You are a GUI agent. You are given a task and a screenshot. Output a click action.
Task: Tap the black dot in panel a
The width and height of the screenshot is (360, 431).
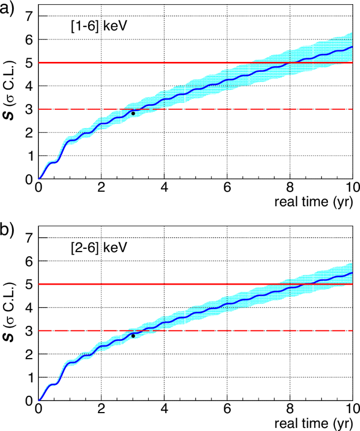[133, 113]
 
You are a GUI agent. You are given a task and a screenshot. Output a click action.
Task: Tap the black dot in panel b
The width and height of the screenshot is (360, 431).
[133, 335]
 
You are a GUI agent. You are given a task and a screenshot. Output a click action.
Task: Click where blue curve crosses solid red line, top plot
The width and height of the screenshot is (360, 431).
[290, 63]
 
